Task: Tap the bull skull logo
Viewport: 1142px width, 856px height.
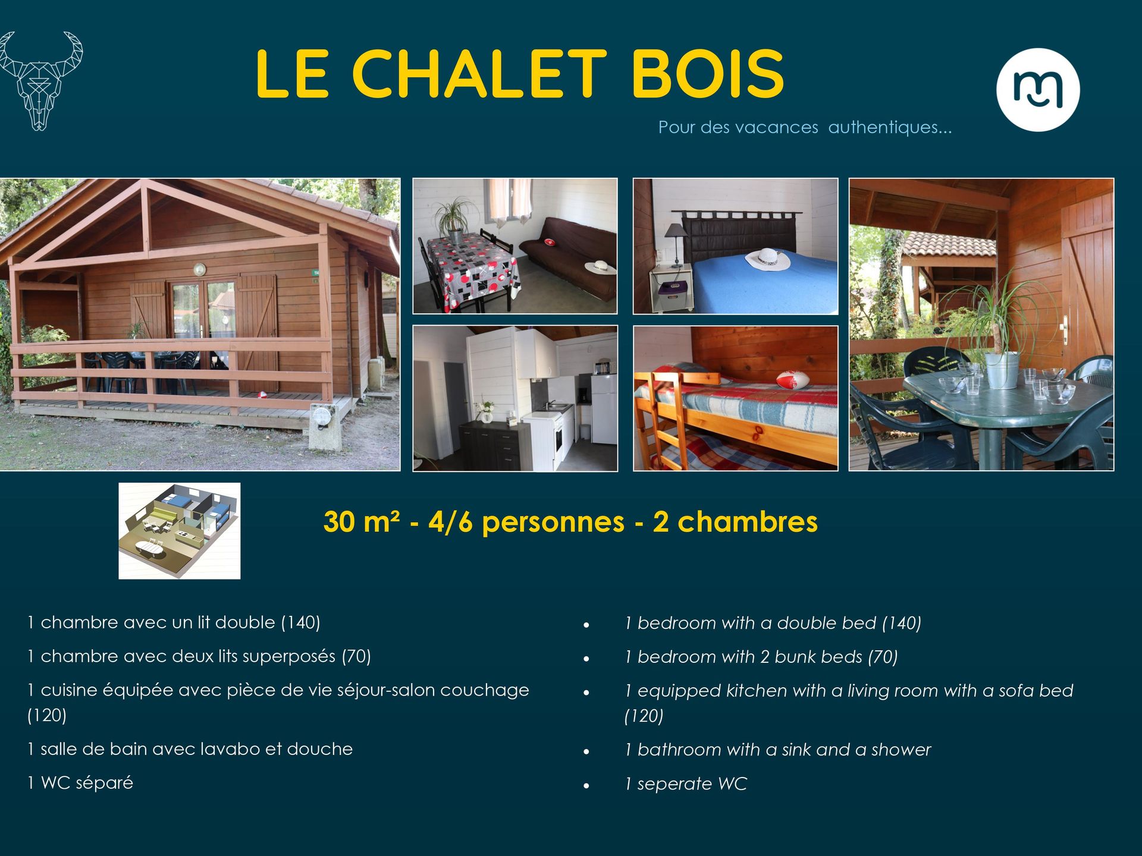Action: coord(40,81)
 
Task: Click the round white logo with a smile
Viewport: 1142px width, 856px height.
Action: coord(1038,90)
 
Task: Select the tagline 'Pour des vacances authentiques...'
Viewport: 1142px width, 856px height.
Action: coord(805,127)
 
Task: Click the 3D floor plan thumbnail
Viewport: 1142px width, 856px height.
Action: coord(180,531)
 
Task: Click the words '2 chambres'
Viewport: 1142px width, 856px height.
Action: coord(735,521)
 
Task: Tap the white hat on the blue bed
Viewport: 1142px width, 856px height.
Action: coord(767,259)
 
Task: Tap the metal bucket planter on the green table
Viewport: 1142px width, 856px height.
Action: coord(1002,369)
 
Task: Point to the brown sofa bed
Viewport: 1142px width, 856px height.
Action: coord(568,259)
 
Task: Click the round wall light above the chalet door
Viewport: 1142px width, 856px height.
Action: coord(200,270)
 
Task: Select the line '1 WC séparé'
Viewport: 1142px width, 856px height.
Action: coord(80,782)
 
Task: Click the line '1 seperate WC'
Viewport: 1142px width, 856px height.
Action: coord(685,783)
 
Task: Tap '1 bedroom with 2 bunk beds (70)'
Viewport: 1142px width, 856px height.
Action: coord(761,657)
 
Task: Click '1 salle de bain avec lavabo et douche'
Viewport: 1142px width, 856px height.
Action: coord(190,748)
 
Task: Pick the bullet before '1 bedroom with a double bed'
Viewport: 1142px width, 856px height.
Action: coord(586,625)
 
